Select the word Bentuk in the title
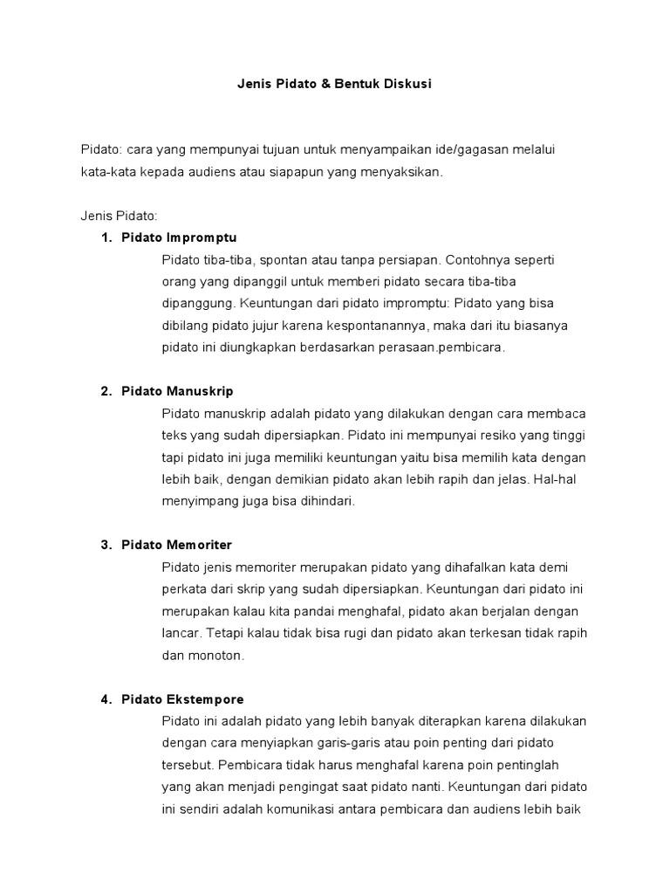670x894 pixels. pos(364,85)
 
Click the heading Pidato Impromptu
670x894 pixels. pos(179,237)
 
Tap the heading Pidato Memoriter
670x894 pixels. pos(177,545)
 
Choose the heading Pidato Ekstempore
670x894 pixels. pos(182,699)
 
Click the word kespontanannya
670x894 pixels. pos(362,325)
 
